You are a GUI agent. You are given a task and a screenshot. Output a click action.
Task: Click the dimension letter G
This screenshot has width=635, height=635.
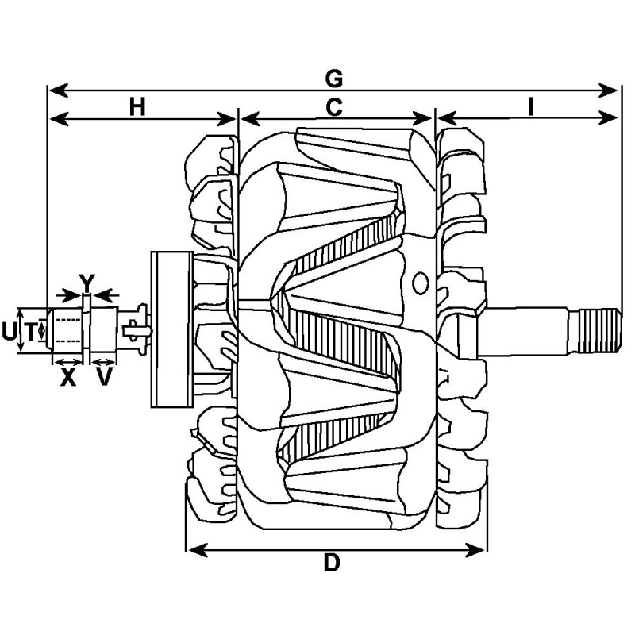pyautogui.click(x=334, y=78)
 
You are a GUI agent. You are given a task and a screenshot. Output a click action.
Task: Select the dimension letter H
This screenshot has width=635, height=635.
pyautogui.click(x=138, y=107)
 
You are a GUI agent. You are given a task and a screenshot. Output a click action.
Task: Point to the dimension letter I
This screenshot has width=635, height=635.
pyautogui.click(x=529, y=107)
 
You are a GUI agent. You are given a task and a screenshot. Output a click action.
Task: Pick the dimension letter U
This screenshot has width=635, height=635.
pyautogui.click(x=9, y=332)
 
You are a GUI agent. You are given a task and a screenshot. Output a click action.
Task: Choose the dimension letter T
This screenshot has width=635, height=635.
pyautogui.click(x=29, y=332)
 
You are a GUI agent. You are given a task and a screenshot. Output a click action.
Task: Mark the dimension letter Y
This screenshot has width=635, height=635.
pyautogui.click(x=87, y=282)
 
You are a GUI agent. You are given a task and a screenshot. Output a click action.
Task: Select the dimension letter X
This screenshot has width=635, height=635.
pyautogui.click(x=68, y=378)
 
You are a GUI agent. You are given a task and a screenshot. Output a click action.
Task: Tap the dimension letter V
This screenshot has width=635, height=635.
pyautogui.click(x=104, y=378)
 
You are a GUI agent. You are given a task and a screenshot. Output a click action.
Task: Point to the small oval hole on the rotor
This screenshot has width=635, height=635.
pyautogui.click(x=421, y=281)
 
